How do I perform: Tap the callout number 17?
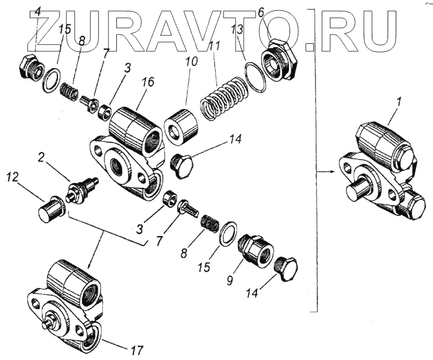(137, 350)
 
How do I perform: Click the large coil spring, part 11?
(220, 97)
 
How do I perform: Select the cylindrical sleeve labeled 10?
(181, 127)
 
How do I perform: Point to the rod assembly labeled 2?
(81, 189)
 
